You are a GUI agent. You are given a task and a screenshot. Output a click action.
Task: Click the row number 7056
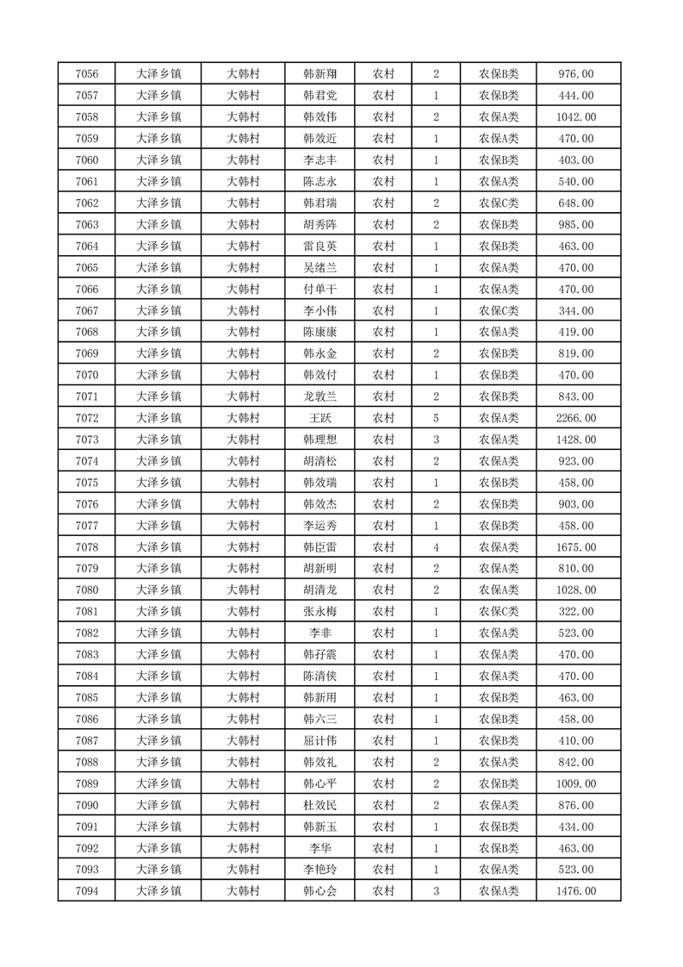pyautogui.click(x=87, y=74)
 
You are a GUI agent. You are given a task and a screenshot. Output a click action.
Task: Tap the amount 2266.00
pyautogui.click(x=577, y=418)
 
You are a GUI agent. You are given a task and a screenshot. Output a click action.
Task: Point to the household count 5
pyautogui.click(x=437, y=418)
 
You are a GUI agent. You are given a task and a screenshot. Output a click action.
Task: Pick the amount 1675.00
pyautogui.click(x=577, y=547)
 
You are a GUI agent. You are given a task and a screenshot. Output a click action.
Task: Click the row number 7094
pyautogui.click(x=87, y=891)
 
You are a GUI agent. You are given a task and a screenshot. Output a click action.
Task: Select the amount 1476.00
pyautogui.click(x=577, y=891)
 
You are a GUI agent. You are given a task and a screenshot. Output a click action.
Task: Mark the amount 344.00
pyautogui.click(x=577, y=310)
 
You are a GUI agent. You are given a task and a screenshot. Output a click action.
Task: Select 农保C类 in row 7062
pyautogui.click(x=499, y=203)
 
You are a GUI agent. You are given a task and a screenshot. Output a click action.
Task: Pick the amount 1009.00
pyautogui.click(x=577, y=783)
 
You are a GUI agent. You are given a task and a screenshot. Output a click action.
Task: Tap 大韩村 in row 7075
pyautogui.click(x=243, y=483)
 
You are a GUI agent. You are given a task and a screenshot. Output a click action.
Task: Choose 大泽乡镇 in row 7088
pyautogui.click(x=159, y=762)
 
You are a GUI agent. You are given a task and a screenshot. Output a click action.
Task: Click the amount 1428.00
pyautogui.click(x=577, y=440)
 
